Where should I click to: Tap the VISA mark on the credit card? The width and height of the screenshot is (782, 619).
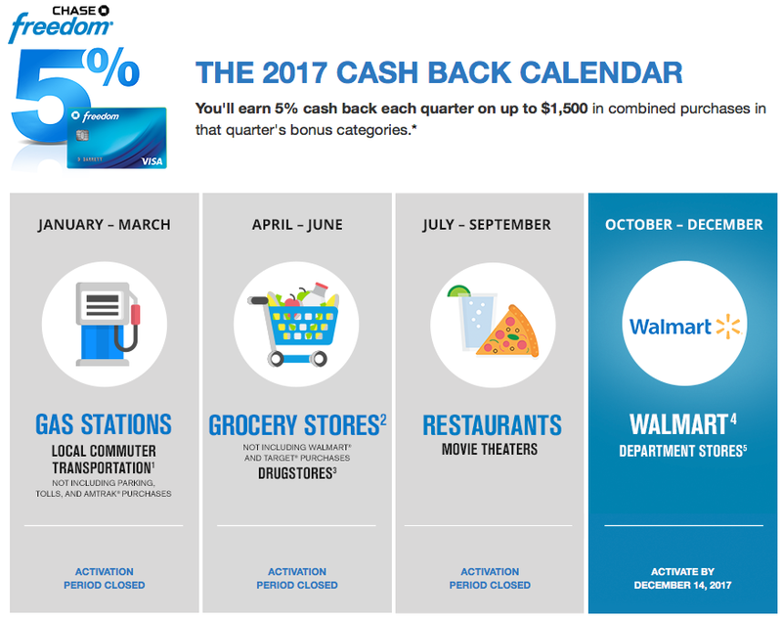[x=152, y=161]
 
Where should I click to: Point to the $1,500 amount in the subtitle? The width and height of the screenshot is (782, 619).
[x=564, y=109]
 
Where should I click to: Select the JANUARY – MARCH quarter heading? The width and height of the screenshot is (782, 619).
[x=105, y=225]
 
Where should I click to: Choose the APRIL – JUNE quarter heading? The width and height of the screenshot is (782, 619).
[x=297, y=225]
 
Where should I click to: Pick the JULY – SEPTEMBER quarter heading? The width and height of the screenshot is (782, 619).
[x=487, y=225]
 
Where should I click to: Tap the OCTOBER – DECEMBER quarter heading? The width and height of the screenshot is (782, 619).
[x=683, y=225]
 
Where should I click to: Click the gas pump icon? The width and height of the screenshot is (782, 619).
[x=108, y=325]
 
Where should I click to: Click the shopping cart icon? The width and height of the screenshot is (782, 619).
[x=294, y=325]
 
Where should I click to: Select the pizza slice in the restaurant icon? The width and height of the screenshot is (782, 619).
[x=507, y=332]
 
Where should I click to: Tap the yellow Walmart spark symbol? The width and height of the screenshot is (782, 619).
[x=728, y=327]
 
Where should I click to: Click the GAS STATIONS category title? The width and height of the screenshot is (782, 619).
[x=104, y=424]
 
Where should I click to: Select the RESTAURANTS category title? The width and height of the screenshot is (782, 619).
[x=493, y=425]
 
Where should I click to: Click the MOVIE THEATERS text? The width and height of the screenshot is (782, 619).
[x=490, y=450]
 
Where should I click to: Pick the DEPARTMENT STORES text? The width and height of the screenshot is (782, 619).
[x=681, y=451]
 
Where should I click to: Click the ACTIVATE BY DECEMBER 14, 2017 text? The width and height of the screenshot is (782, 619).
[x=682, y=579]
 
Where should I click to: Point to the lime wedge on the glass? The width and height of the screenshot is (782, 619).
[x=458, y=290]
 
